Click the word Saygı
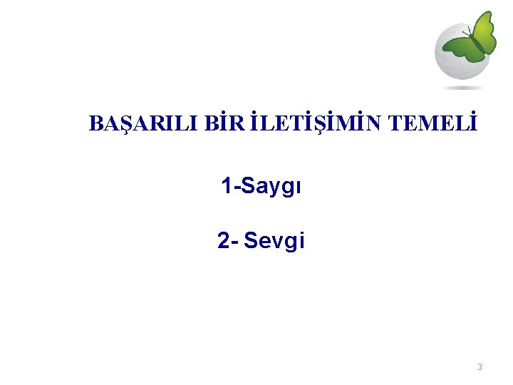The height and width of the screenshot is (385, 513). (x=273, y=187)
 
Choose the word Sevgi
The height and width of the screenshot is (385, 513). (x=274, y=242)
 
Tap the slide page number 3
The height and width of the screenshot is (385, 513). (x=480, y=367)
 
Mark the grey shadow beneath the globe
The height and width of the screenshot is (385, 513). (x=462, y=88)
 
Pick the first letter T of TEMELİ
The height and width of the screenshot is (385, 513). (x=396, y=123)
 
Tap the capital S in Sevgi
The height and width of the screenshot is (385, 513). (x=251, y=242)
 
